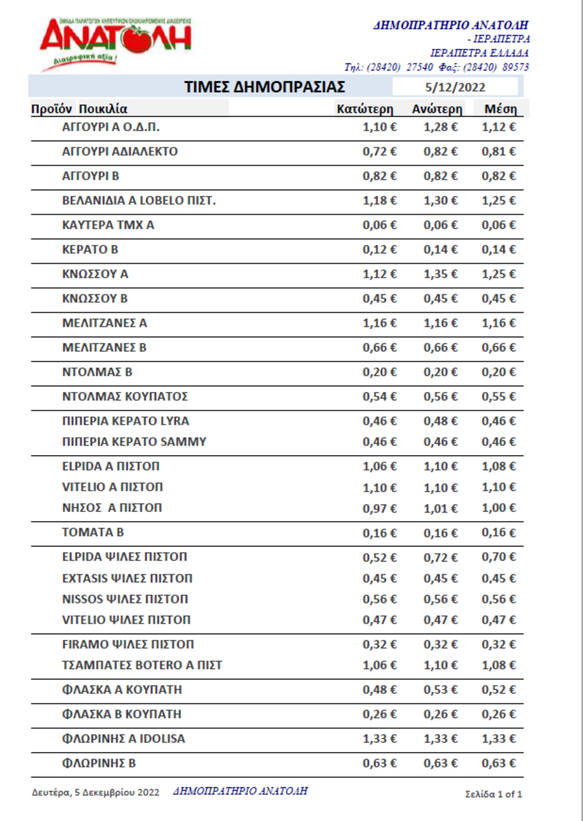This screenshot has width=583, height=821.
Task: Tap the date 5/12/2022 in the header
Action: click(455, 87)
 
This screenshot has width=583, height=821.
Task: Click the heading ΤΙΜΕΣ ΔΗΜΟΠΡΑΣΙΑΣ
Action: click(264, 87)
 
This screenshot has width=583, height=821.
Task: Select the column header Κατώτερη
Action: click(364, 109)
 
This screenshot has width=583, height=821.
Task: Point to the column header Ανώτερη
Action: click(437, 109)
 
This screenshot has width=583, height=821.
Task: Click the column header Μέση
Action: click(500, 109)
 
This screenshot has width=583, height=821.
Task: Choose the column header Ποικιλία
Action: click(103, 109)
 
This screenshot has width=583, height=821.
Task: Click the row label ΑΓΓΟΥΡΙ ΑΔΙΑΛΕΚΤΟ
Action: click(120, 152)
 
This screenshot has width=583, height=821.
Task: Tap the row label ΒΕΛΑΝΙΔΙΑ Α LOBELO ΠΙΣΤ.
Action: click(138, 201)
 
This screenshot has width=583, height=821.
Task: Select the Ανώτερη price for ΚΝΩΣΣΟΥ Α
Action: click(440, 274)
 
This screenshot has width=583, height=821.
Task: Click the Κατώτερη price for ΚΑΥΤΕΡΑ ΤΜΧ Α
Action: click(379, 225)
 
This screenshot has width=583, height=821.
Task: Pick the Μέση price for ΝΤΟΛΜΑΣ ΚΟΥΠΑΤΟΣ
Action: click(498, 397)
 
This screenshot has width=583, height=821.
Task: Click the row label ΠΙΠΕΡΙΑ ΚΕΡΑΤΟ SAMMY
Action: click(134, 442)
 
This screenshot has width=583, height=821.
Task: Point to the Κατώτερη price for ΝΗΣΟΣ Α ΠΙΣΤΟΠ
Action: click(379, 508)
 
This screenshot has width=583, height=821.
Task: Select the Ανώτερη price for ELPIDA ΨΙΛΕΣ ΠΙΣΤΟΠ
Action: click(440, 558)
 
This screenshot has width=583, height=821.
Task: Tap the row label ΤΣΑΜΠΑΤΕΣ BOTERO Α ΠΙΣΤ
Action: click(142, 665)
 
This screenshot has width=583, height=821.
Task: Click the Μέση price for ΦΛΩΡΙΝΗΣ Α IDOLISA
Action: click(498, 739)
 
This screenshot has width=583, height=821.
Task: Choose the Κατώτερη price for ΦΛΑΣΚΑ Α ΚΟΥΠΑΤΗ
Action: click(379, 690)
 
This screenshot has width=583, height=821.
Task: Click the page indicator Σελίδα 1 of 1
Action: click(493, 794)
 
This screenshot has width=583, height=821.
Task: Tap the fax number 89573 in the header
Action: click(515, 67)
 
